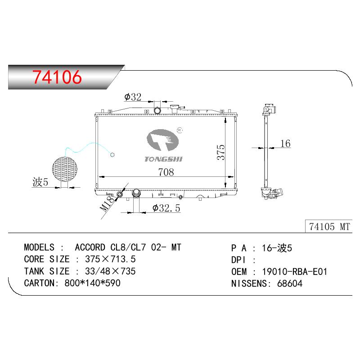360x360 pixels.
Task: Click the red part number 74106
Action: (57, 77)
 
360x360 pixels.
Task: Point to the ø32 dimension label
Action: (133, 97)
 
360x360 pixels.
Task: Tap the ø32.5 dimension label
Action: (166, 208)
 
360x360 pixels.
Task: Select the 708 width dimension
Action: (166, 172)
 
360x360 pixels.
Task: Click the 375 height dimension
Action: (221, 152)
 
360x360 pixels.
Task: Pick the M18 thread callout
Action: (107, 204)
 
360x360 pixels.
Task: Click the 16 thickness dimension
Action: (285, 144)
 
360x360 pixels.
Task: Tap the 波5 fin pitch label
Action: (40, 182)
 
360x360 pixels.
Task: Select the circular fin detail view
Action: (65, 169)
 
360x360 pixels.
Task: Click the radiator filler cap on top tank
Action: (174, 108)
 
